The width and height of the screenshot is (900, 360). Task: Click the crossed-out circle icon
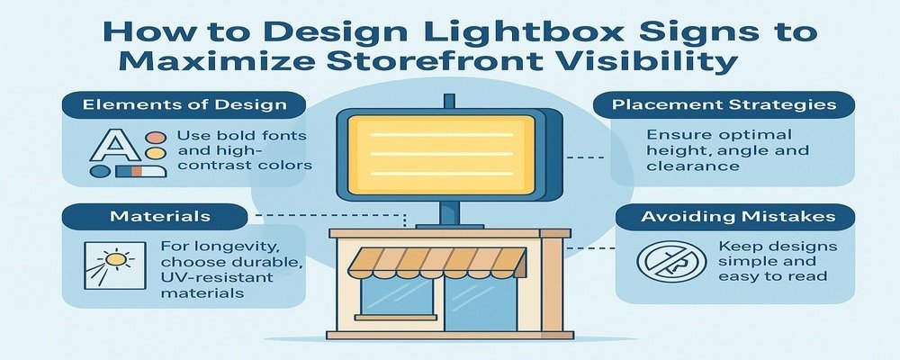666,262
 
